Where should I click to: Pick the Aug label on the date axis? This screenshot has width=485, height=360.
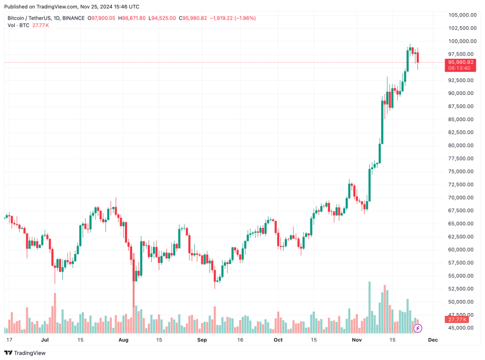tap(123, 339)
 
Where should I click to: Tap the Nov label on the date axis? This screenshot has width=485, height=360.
tap(357, 339)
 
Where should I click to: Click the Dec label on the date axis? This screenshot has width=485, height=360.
tap(433, 339)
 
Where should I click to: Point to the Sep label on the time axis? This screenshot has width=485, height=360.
tap(202, 339)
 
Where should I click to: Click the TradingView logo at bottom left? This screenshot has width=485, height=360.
tap(26, 352)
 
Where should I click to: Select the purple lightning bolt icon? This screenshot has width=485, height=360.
tap(418, 328)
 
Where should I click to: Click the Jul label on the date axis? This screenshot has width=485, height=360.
tap(45, 339)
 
